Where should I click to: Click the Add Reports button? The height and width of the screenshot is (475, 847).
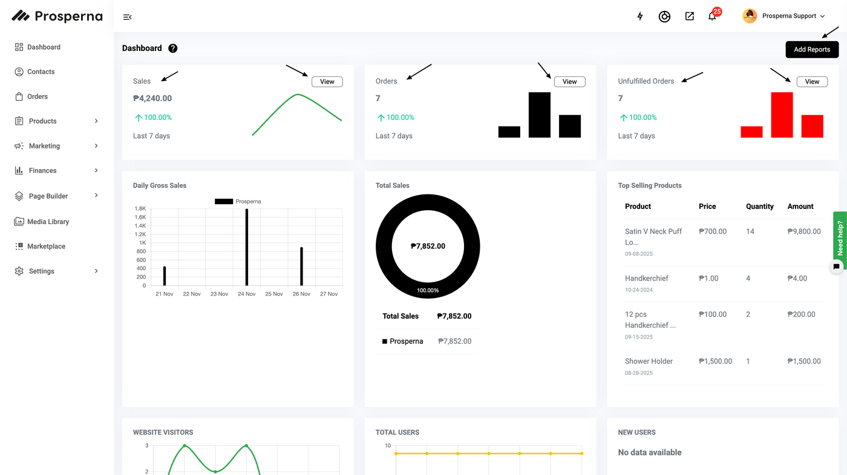(x=812, y=50)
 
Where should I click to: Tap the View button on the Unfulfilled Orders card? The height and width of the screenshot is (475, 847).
(x=812, y=82)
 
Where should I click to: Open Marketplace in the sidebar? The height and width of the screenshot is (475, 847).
(x=46, y=247)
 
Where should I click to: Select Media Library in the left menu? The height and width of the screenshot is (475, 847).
(x=48, y=222)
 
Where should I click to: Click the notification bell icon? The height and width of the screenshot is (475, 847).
(x=712, y=17)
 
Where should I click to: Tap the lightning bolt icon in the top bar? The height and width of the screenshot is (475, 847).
(x=640, y=16)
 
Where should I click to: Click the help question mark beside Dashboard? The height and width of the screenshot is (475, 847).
(x=173, y=48)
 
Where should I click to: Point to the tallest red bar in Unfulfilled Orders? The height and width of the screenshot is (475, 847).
(x=782, y=115)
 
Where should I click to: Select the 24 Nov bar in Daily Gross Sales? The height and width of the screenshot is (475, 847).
(x=247, y=247)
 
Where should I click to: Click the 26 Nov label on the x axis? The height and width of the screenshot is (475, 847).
(x=301, y=294)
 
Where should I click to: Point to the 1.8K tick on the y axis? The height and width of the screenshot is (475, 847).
(x=140, y=208)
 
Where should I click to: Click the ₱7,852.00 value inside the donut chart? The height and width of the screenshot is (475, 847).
(x=428, y=246)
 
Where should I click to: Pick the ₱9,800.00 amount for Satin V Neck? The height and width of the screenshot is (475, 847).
(x=804, y=231)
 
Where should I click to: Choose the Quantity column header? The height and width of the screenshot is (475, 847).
(x=759, y=207)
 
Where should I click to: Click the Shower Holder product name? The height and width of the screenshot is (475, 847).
(x=649, y=361)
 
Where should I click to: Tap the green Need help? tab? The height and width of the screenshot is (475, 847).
(x=840, y=237)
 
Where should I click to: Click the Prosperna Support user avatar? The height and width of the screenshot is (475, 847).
(x=750, y=16)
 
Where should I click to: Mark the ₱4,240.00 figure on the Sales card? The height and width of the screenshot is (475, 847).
(x=152, y=98)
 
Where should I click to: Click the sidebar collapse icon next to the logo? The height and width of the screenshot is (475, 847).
(x=127, y=17)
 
